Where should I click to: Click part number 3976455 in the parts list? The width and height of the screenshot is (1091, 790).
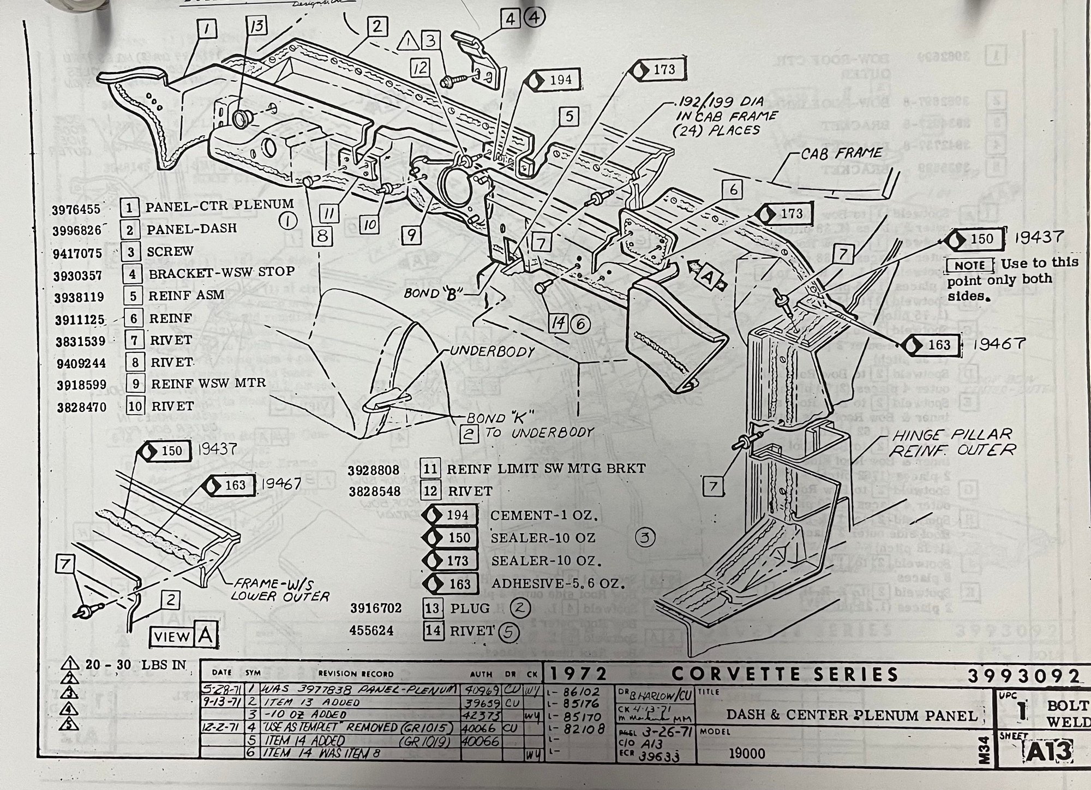[x=77, y=209]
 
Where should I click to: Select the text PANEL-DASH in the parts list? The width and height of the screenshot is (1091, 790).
[x=191, y=229]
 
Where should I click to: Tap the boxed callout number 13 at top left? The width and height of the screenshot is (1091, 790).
[x=257, y=26]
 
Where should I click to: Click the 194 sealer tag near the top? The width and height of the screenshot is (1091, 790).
[x=554, y=80]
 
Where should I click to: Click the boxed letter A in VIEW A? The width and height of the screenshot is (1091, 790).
[x=206, y=636]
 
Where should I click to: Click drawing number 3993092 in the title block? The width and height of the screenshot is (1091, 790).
[x=1023, y=677]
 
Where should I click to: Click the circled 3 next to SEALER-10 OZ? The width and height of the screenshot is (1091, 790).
[x=645, y=537]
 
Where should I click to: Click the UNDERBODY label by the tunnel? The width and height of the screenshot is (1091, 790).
[x=491, y=352]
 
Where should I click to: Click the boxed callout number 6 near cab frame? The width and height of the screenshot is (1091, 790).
[x=733, y=189]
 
